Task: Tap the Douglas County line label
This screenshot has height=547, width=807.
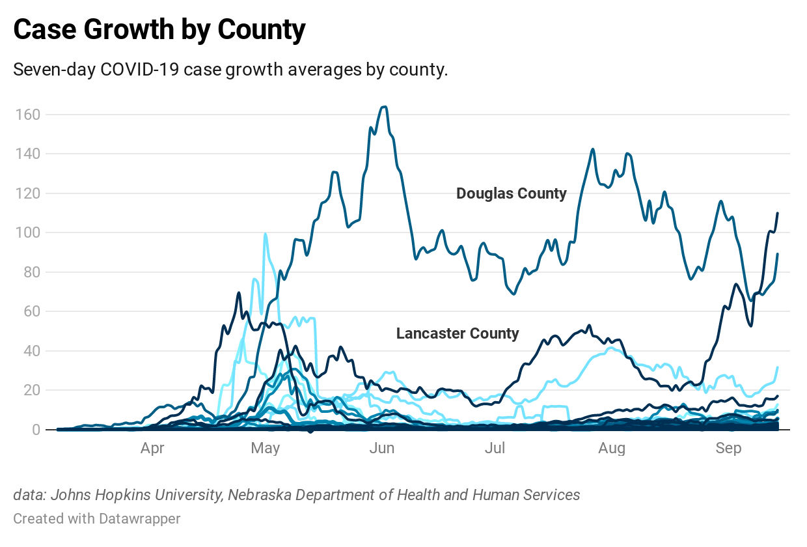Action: pyautogui.click(x=511, y=193)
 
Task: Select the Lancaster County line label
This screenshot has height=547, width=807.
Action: pyautogui.click(x=458, y=334)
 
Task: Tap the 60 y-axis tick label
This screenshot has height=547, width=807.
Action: pyautogui.click(x=32, y=311)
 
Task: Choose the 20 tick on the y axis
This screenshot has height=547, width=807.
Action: pyautogui.click(x=32, y=390)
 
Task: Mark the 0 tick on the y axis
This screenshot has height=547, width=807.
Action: pyautogui.click(x=36, y=430)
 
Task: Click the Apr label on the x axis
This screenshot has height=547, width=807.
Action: pyautogui.click(x=152, y=449)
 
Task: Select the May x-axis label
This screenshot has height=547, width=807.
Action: pyautogui.click(x=265, y=449)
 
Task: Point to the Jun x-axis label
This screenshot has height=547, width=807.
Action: pyautogui.click(x=381, y=449)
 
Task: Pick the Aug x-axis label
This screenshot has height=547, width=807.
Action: pyautogui.click(x=612, y=449)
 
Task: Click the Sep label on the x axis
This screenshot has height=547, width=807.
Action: pyautogui.click(x=728, y=449)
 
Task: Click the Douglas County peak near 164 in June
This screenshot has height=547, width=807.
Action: pyautogui.click(x=384, y=107)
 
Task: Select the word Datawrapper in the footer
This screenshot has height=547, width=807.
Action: pyautogui.click(x=140, y=519)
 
